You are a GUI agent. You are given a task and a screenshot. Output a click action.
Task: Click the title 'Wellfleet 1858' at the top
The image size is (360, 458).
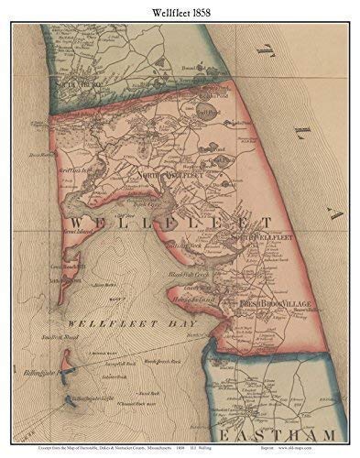[180, 10]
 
